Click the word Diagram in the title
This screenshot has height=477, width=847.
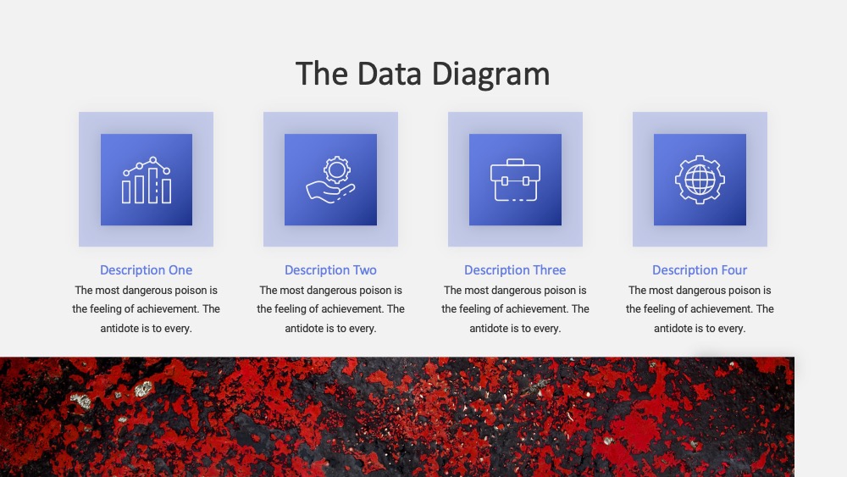coord(490,75)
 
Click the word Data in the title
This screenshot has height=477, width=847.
coord(389,74)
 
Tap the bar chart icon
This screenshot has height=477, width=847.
coord(147,180)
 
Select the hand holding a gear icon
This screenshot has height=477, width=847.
coord(330,180)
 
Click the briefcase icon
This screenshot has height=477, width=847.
coord(515,180)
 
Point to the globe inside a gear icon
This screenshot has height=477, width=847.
coord(700,180)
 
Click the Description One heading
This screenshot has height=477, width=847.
coord(146,270)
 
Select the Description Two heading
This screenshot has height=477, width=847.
coord(330,270)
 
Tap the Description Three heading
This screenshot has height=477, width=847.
coord(515,270)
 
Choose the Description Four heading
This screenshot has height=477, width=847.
coord(700,270)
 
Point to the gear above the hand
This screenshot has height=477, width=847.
coord(337,170)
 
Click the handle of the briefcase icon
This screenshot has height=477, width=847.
coord(515,162)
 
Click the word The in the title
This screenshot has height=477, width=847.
coord(321,74)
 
